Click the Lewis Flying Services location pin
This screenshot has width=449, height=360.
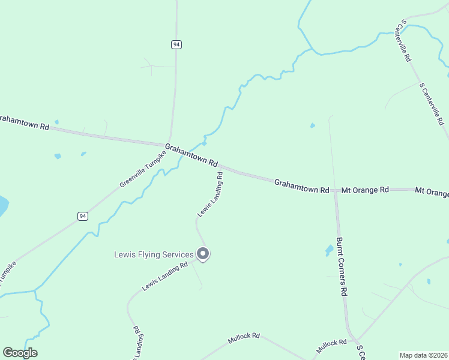click(203, 254)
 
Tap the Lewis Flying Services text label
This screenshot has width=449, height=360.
click(154, 254)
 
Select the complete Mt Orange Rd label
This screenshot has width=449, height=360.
click(365, 190)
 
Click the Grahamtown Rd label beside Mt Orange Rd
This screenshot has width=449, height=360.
click(302, 186)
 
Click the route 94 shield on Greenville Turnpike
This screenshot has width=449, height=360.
click(83, 216)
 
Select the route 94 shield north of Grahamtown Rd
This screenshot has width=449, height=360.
click(176, 44)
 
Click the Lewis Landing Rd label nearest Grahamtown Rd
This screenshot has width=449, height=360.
click(211, 195)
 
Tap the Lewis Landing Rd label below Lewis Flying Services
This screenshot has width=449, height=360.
click(164, 276)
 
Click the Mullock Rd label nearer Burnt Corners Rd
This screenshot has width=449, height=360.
click(332, 345)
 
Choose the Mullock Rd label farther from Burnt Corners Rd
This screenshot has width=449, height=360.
click(244, 339)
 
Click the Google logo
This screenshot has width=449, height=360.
click(20, 353)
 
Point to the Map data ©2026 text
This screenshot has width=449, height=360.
click(424, 355)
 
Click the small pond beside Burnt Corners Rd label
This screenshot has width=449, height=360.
click(329, 250)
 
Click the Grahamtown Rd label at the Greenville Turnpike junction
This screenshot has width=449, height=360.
click(191, 155)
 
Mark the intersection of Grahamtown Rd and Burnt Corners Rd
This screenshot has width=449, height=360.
click(336, 190)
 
